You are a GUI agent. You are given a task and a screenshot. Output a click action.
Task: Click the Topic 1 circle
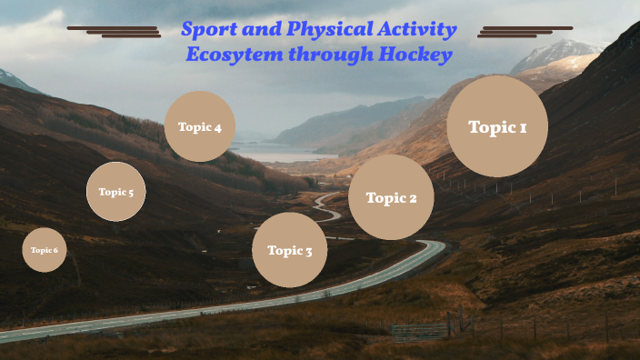click(x=497, y=126)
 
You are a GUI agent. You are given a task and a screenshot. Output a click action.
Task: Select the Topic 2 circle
click(x=391, y=197)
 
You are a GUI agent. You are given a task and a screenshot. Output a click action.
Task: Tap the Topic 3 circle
click(x=289, y=250)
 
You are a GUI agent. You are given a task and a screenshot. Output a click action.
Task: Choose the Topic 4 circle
click(x=200, y=126)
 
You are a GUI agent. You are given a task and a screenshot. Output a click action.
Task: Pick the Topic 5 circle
click(x=116, y=192)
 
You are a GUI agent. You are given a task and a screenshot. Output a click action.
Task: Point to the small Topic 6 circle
click(x=45, y=250)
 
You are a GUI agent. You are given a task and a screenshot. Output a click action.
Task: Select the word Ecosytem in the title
click(x=228, y=55)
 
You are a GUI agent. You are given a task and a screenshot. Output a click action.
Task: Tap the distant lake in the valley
click(x=273, y=155)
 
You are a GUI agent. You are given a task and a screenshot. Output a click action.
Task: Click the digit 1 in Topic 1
click(x=522, y=127)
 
